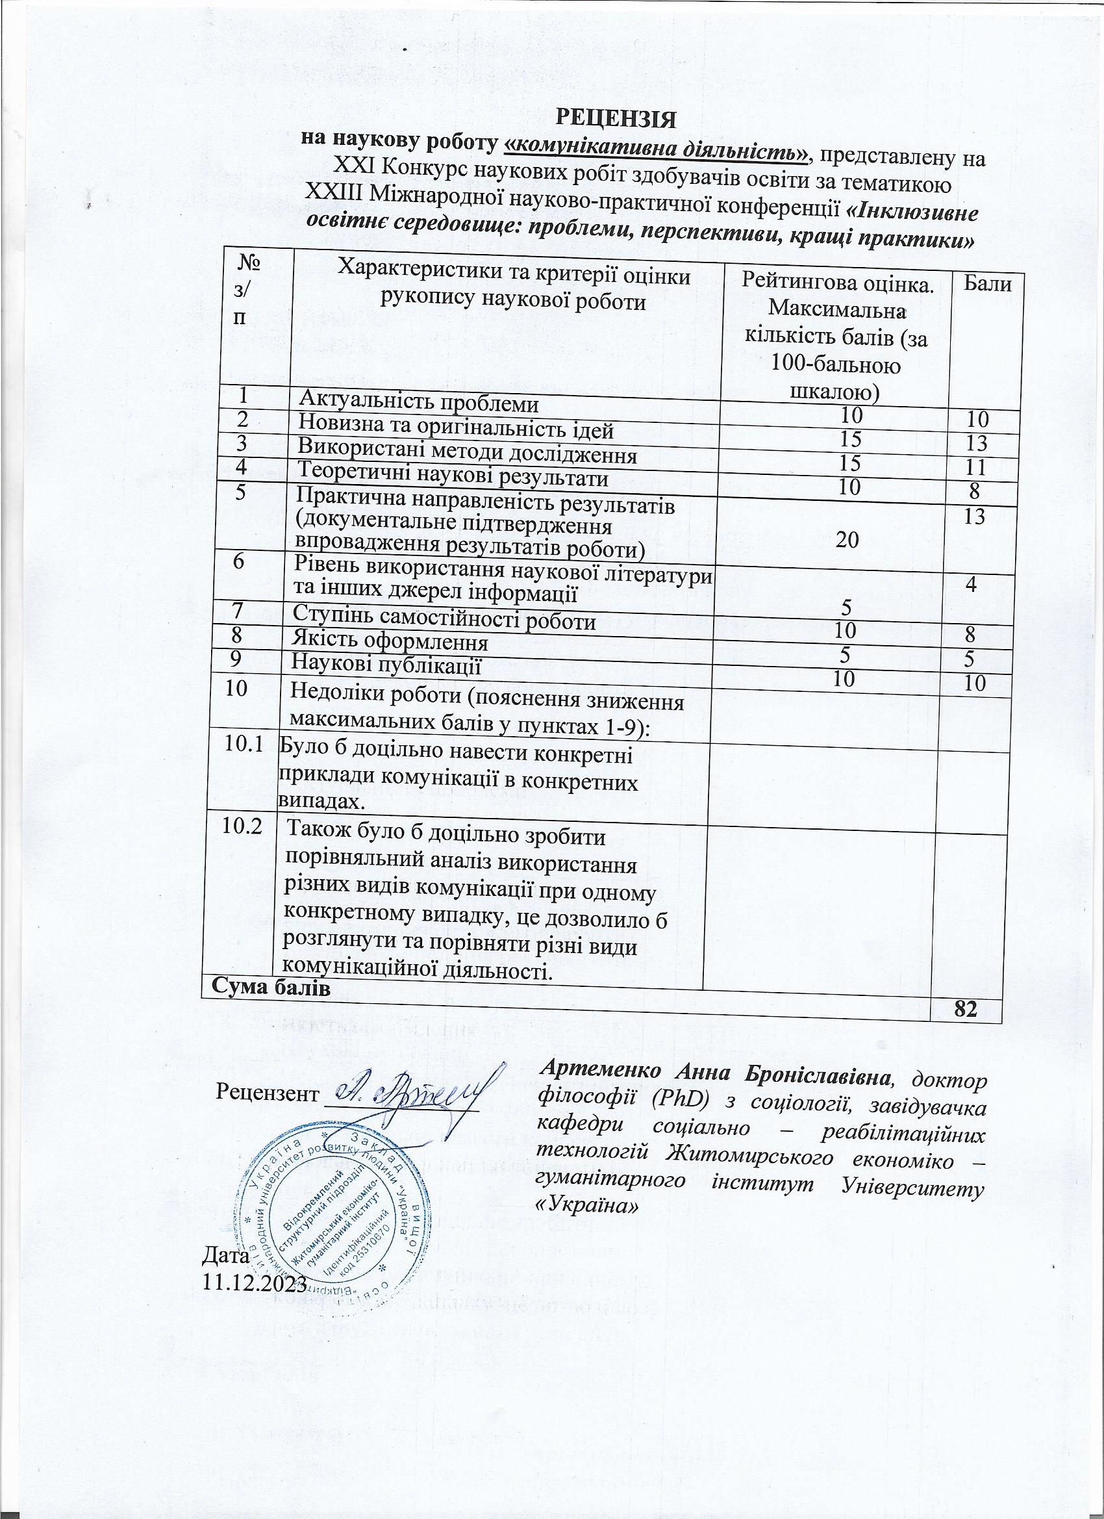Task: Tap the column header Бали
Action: (x=987, y=284)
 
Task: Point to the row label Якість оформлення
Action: (x=392, y=644)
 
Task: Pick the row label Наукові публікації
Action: (x=388, y=667)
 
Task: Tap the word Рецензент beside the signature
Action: (x=266, y=1094)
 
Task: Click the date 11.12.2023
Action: (x=254, y=1283)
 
